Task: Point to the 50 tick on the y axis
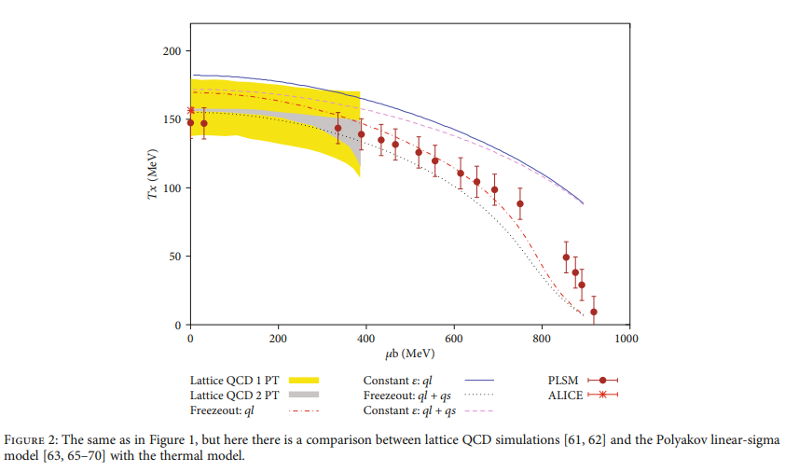pyautogui.click(x=174, y=257)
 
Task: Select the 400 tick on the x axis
pyautogui.click(x=365, y=338)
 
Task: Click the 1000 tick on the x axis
pyautogui.click(x=626, y=338)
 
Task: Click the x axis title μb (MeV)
pyautogui.click(x=408, y=354)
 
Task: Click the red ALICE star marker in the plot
pyautogui.click(x=190, y=110)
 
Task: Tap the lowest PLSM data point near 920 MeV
pyautogui.click(x=593, y=312)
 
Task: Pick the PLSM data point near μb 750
pyautogui.click(x=520, y=203)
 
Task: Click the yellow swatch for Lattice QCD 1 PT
pyautogui.click(x=304, y=380)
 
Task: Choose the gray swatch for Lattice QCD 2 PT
pyautogui.click(x=304, y=395)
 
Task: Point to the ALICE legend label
pyautogui.click(x=565, y=395)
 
